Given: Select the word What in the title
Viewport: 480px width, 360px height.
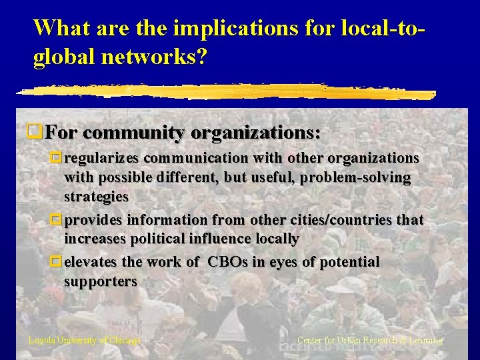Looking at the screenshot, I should click(x=61, y=28).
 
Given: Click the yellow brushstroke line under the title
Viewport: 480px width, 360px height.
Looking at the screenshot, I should click(x=227, y=92).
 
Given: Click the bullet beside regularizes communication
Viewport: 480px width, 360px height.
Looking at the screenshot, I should click(x=57, y=159).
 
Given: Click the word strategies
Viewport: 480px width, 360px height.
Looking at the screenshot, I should click(x=96, y=197).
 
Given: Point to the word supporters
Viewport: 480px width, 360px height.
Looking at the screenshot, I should click(x=100, y=282).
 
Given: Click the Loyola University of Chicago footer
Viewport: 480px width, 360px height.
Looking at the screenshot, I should click(x=85, y=341).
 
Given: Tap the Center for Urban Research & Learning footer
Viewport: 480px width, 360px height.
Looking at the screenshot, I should click(x=369, y=341).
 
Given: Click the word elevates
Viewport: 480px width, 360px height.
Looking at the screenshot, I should click(x=93, y=263).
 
